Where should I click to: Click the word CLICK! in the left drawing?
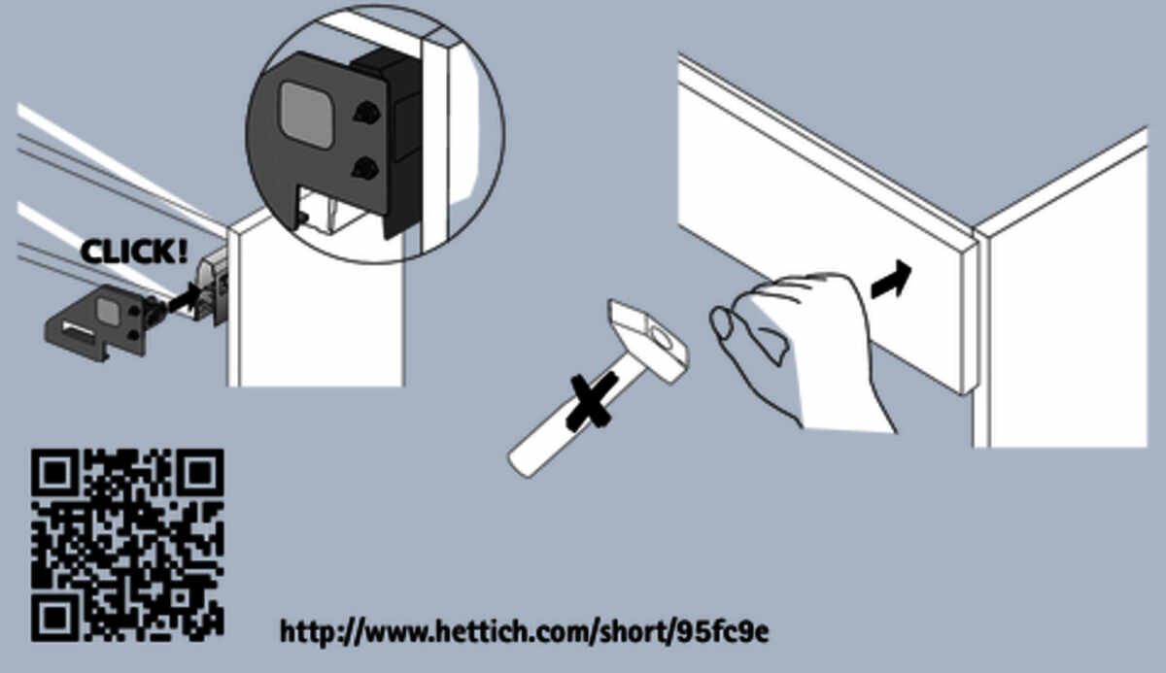coord(134,252)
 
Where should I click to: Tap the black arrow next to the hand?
coord(892,280)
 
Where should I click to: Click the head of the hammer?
coord(647,339)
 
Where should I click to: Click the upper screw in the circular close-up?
coord(366,113)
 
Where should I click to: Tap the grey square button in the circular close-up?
coord(308,116)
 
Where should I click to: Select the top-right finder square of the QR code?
coord(200,472)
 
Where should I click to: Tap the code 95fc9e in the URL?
coord(721,632)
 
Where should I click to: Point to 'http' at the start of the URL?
coord(308,632)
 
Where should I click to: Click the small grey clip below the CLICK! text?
coord(99,322)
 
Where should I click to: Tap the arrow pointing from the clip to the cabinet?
coord(184,298)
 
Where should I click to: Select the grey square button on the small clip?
coord(108,310)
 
